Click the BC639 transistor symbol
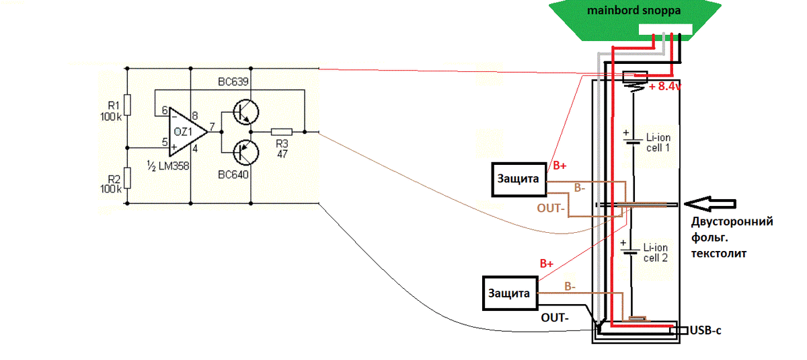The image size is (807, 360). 245,112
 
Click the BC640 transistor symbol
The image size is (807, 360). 245,153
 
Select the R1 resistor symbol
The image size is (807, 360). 127,105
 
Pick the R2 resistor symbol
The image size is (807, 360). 127,178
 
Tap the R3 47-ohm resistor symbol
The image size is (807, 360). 282,132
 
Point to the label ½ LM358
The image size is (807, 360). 168,166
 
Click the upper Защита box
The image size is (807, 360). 519,180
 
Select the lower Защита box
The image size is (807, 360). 510,293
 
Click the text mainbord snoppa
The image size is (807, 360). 634,11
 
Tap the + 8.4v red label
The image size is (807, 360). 664,87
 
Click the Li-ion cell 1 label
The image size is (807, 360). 658,143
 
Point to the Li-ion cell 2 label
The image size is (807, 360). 655,253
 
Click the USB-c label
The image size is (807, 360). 705,330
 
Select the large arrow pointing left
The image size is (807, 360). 709,204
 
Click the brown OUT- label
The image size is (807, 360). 550,209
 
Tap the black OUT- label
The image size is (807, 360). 554,318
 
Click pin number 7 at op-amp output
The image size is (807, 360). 213,127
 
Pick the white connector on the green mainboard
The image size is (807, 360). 665,30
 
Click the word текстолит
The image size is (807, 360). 719,254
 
